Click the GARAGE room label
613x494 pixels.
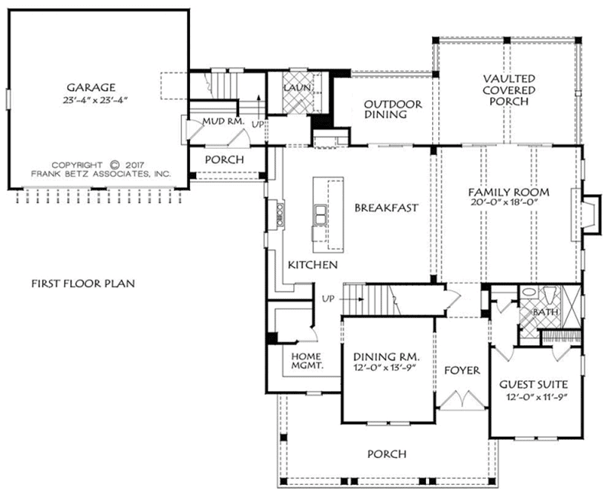coord(91,87)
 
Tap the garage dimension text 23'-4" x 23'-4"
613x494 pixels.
coord(95,100)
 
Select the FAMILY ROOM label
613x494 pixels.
coord(508,192)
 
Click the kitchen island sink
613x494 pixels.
coord(321,215)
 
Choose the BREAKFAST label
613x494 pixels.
coord(386,208)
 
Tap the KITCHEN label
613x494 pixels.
coord(313,265)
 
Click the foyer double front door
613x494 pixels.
coord(463,400)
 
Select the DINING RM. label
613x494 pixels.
coord(386,357)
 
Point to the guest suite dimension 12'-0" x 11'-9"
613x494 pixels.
coord(537,397)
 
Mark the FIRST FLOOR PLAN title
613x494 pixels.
coord(83,283)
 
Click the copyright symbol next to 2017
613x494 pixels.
coord(114,165)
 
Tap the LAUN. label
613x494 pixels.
coord(297,88)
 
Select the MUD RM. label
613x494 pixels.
coord(223,121)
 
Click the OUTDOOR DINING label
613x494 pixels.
coord(392,109)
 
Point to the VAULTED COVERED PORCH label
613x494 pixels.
coord(508,90)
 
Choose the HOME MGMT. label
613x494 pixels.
coord(307,361)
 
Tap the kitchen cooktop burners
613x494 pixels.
coord(280,214)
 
